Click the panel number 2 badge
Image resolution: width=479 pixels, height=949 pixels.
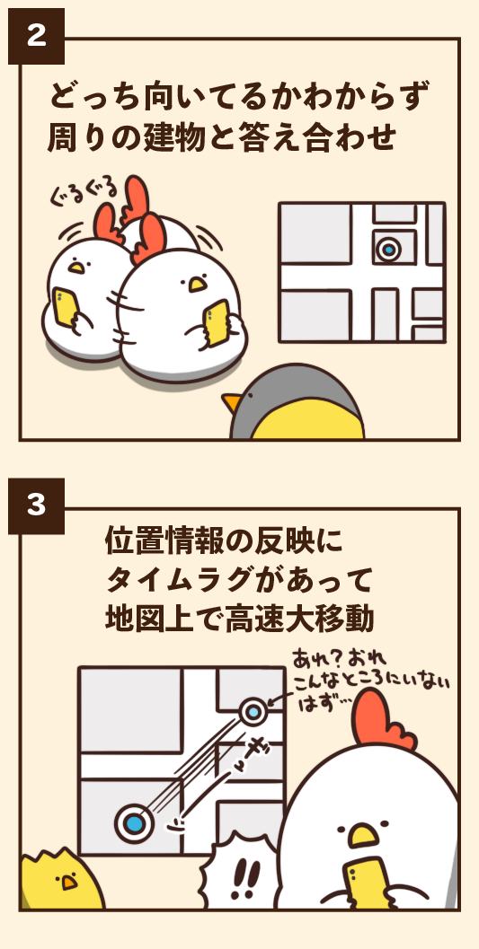click(x=36, y=36)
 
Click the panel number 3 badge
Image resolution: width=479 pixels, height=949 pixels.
click(x=36, y=505)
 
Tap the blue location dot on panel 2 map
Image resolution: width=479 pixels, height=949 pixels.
click(x=388, y=249)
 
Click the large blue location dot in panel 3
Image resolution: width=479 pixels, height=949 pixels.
click(x=135, y=822)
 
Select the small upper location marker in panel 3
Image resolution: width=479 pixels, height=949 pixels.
click(x=254, y=712)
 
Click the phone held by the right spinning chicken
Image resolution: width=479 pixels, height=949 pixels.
click(x=217, y=321)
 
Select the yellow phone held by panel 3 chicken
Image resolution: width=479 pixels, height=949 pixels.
click(x=364, y=885)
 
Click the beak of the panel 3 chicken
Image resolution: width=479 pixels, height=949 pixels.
click(x=363, y=835)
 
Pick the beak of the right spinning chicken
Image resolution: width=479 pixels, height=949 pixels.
click(x=196, y=284)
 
